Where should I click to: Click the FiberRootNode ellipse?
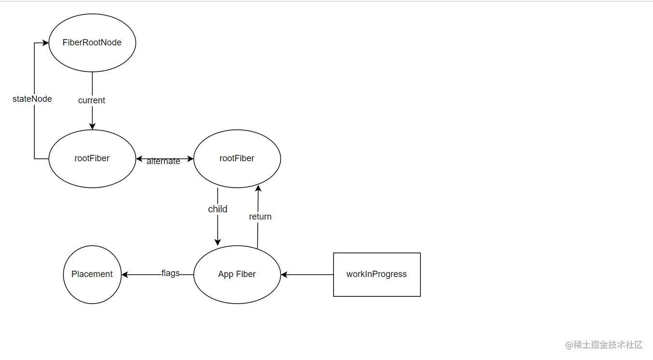point(92,42)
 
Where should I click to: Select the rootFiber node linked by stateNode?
point(92,158)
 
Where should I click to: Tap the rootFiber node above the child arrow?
point(237,158)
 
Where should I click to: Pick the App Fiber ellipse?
point(237,274)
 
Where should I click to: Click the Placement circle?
point(92,274)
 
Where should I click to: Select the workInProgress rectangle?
point(377,274)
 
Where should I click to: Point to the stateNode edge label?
point(32,99)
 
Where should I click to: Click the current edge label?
point(92,100)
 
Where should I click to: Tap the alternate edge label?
point(163,161)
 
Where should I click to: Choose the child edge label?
point(218,209)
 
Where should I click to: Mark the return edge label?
point(260,217)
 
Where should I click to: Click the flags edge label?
point(170,273)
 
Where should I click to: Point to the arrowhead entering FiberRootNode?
point(46,43)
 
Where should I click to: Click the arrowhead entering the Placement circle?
point(125,275)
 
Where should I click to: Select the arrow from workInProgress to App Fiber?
point(307,275)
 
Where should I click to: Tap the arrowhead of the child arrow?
point(218,242)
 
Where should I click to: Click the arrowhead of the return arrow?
point(258,188)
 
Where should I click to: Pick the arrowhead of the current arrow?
point(92,126)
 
